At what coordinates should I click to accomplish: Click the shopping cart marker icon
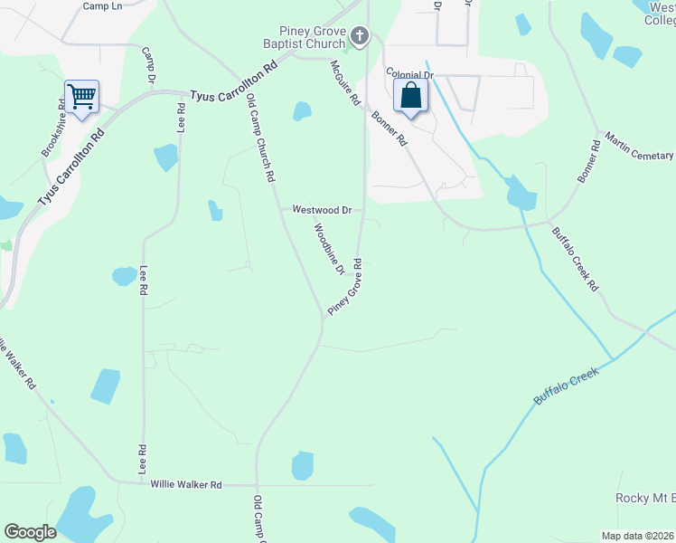tap(81, 95)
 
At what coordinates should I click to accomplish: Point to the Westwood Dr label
tap(321, 209)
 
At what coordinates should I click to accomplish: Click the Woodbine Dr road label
tap(329, 249)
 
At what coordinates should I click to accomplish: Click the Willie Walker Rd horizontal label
tap(186, 485)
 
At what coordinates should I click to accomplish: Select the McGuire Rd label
tap(345, 81)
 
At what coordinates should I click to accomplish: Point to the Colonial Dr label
tap(409, 73)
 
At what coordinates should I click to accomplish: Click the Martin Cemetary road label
tap(639, 148)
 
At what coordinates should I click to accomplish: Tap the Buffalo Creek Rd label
tap(575, 257)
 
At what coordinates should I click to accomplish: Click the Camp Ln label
tap(101, 5)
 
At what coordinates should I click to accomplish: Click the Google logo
tap(30, 532)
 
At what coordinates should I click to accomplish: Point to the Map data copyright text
tap(638, 536)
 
